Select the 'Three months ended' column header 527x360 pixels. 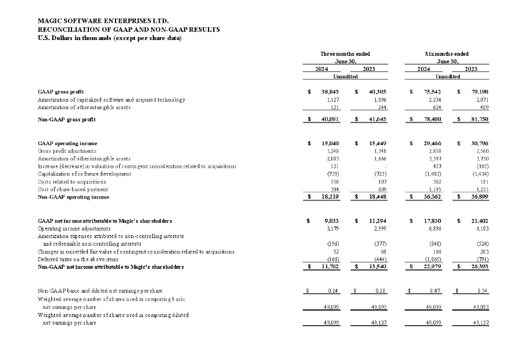click(345, 53)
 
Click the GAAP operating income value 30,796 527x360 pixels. click(481, 143)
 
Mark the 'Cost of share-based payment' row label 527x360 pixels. click(73, 189)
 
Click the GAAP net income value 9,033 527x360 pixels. click(332, 221)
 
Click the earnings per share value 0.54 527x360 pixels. click(482, 290)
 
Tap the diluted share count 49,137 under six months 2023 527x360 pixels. click(481, 323)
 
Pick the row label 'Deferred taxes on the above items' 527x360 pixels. click(78, 260)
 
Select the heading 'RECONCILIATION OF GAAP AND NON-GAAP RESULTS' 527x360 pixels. click(128, 30)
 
